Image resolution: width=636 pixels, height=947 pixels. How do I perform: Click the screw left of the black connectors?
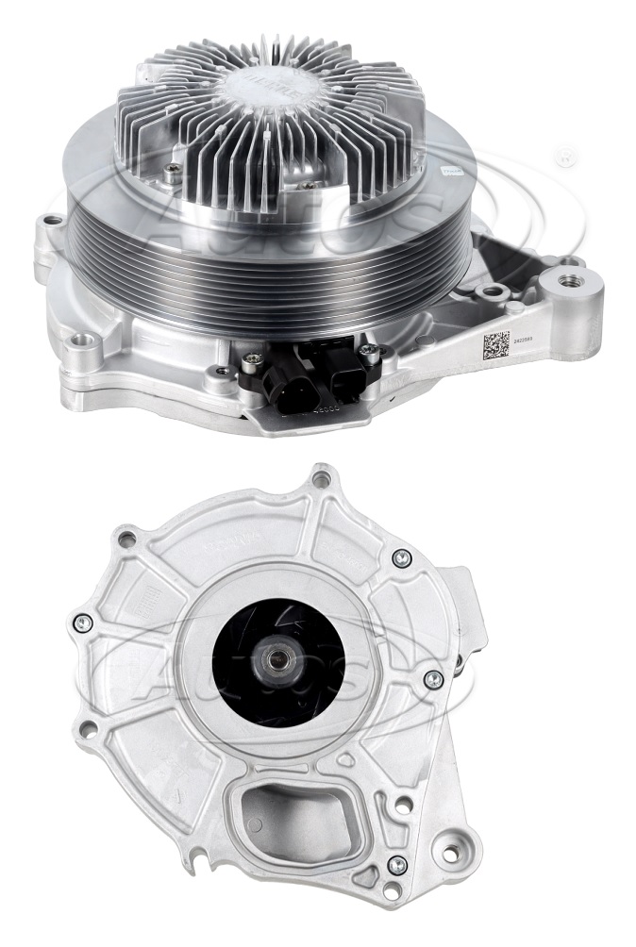(x=250, y=358)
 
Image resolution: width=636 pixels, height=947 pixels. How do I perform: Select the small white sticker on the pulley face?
(x=449, y=173)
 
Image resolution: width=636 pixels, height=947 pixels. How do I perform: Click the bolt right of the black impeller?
(x=433, y=678)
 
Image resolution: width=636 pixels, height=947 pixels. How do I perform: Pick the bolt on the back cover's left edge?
(x=83, y=622)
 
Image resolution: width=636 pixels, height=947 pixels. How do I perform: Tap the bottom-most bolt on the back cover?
(x=397, y=864)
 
